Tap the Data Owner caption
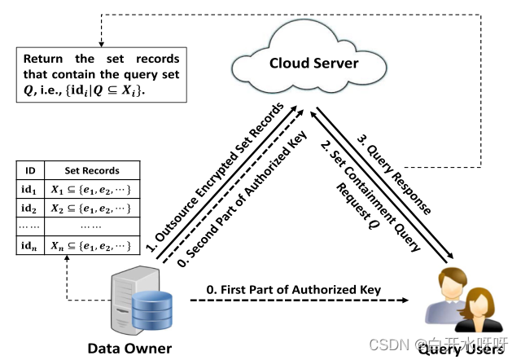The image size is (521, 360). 129,349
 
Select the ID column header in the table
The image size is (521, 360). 30,171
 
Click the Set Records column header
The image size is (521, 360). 92,171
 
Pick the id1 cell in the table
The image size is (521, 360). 30,190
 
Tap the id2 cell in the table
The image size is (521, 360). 30,208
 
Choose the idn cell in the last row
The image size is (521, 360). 30,244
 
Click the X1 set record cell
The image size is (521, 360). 92,190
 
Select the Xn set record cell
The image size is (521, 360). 92,244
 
